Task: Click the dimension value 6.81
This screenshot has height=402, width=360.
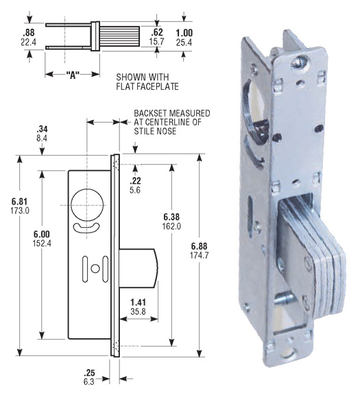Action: point(20,200)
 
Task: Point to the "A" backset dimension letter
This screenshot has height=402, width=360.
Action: point(67,74)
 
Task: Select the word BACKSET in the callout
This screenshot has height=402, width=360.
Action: point(149,113)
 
